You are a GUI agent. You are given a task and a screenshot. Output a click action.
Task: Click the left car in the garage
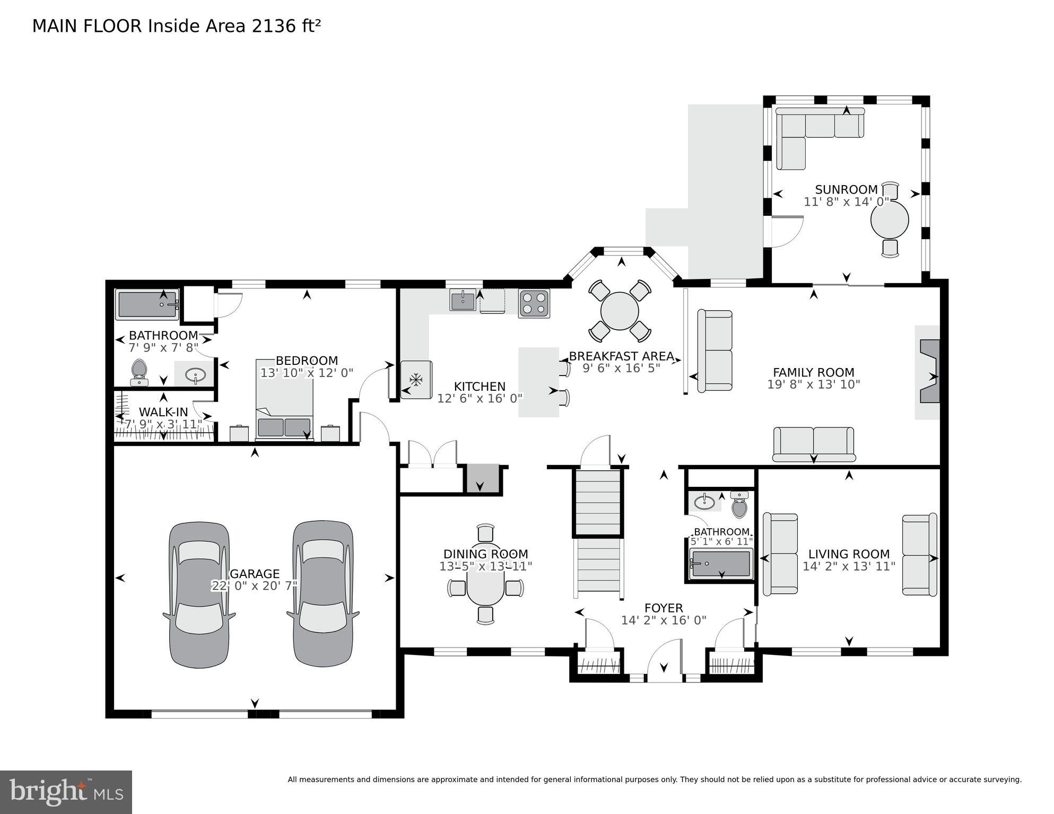click(x=199, y=594)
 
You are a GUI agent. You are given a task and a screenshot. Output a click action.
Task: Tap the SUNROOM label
click(x=846, y=190)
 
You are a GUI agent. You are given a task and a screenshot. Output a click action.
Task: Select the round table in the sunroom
click(x=890, y=220)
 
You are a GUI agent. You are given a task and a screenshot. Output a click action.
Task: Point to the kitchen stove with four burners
click(x=534, y=303)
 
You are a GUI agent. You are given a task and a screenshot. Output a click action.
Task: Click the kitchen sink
click(x=463, y=300)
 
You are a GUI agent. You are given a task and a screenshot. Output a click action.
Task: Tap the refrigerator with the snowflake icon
click(x=416, y=380)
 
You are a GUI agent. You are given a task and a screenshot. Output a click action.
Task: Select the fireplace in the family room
click(x=929, y=372)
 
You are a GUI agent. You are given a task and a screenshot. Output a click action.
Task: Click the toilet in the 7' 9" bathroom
click(x=139, y=371)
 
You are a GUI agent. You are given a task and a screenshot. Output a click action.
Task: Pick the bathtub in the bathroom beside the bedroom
click(x=147, y=304)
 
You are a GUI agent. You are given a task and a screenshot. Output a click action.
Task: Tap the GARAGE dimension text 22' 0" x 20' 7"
click(x=255, y=586)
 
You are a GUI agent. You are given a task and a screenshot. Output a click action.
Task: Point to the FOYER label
click(x=663, y=608)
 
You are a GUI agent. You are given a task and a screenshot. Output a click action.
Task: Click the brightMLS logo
click(x=66, y=792)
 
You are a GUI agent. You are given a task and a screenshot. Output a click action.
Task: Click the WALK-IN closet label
click(x=163, y=412)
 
